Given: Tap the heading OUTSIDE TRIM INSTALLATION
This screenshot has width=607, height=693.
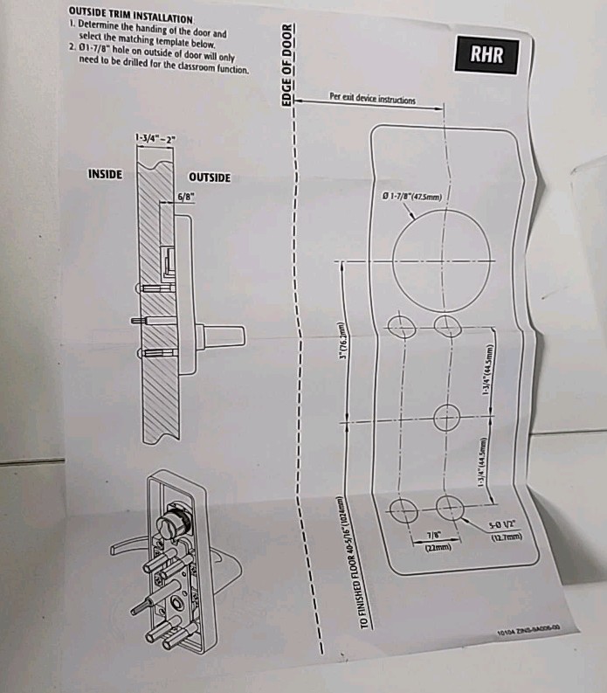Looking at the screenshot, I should pyautogui.click(x=130, y=17).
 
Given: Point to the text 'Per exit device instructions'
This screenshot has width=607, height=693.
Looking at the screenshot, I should pyautogui.click(x=373, y=100).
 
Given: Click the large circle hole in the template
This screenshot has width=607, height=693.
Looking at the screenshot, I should pyautogui.click(x=434, y=258).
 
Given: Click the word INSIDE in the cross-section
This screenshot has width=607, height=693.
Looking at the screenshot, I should pyautogui.click(x=106, y=174).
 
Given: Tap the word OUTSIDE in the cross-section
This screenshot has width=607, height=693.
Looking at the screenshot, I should pyautogui.click(x=210, y=177).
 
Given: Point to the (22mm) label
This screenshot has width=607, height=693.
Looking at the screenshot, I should pyautogui.click(x=437, y=547).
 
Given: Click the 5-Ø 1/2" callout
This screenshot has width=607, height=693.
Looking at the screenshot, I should pyautogui.click(x=505, y=525).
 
